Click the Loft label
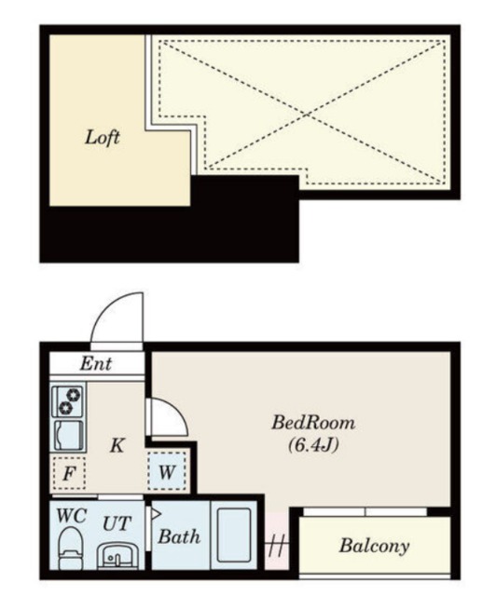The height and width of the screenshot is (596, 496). tap(102, 138)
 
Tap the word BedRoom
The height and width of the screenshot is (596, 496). tap(313, 423)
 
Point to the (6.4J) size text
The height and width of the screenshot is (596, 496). tap(313, 445)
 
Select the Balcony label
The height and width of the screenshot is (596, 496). tap(374, 547)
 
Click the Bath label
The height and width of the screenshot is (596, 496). tap(179, 536)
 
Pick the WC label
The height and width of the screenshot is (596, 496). tap(72, 516)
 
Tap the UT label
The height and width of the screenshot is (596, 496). tap(117, 523)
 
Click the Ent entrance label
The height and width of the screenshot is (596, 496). tap(96, 364)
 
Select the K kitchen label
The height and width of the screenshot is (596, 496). tap(117, 445)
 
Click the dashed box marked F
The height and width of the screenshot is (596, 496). tap(69, 473)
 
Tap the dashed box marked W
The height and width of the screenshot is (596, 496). tap(167, 472)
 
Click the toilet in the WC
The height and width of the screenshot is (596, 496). tap(71, 549)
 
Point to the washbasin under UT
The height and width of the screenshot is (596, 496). tap(118, 557)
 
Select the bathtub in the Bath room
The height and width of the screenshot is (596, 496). tap(234, 536)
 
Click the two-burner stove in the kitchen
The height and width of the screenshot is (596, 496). tap(69, 401)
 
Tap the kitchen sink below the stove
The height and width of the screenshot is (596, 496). tap(69, 435)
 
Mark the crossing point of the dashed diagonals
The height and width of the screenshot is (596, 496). tap(307, 114)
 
